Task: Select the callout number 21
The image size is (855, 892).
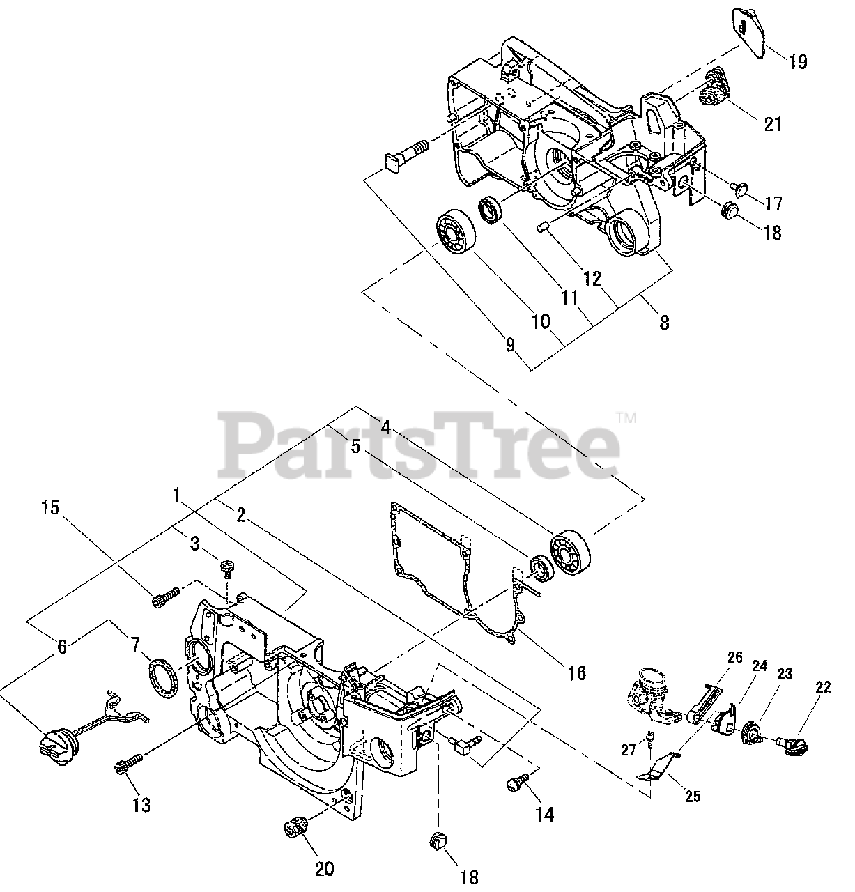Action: coord(773,124)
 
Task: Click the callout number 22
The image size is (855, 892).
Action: coord(823,687)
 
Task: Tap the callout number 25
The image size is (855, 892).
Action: coord(693,795)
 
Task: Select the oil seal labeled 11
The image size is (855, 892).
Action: coord(491,210)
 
